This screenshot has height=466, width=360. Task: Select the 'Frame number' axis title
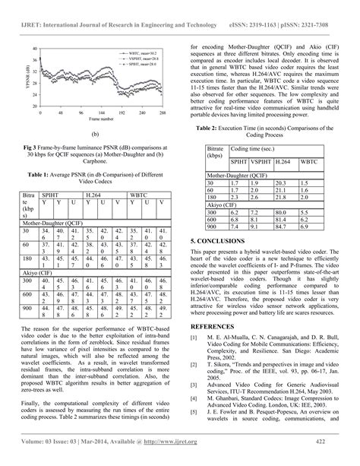point(98,119)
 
